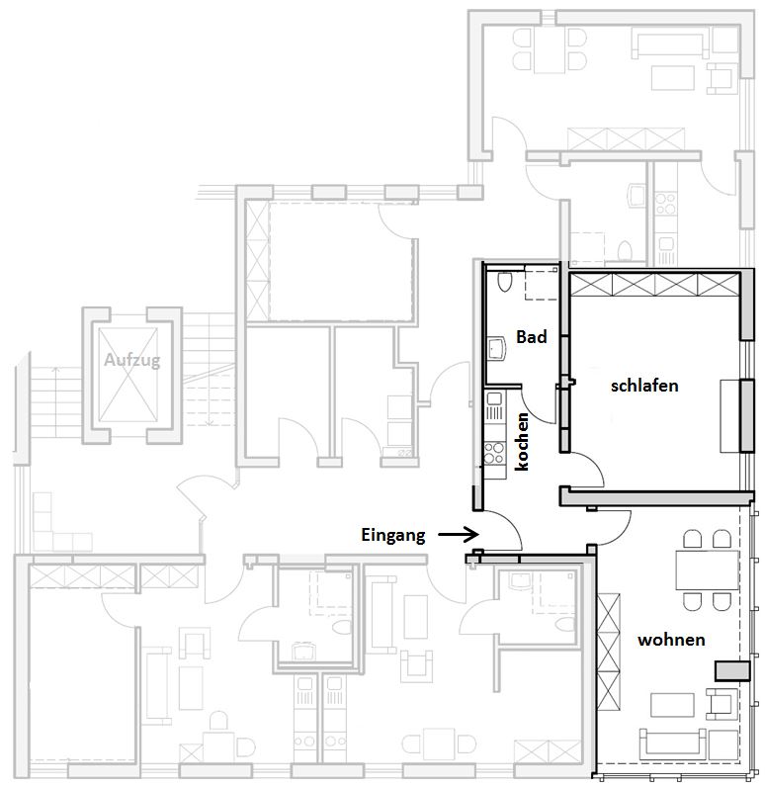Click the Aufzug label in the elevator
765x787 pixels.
coord(132,360)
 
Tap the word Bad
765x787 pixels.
coord(531,337)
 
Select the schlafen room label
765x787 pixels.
coord(644,386)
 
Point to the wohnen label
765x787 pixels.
coord(671,640)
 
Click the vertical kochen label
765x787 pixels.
coord(522,442)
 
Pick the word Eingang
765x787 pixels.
coord(393,536)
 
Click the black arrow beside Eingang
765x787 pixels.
coord(459,535)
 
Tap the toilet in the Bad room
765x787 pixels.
coord(504,282)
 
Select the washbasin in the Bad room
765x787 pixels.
coord(497,348)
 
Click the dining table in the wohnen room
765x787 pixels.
coord(707,569)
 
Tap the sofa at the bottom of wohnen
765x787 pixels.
coord(670,743)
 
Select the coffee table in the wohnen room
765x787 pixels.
coord(672,705)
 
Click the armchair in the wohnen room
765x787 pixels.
coord(721,702)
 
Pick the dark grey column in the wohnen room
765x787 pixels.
coord(732,671)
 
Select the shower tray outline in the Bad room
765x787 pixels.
coord(542,284)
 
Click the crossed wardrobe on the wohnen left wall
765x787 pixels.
coord(609,652)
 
